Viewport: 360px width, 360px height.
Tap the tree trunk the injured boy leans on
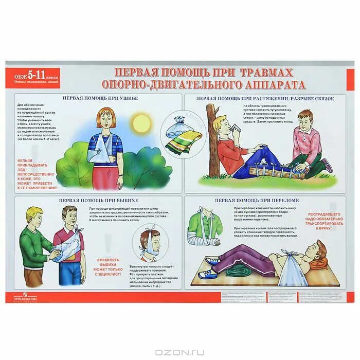tap(212, 139)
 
